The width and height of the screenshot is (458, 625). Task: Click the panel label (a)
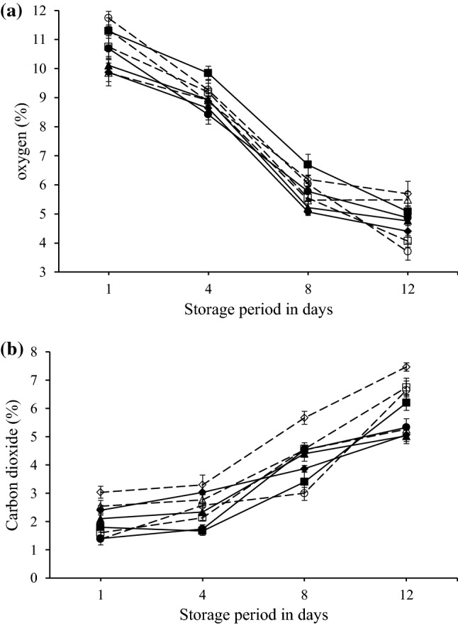point(15,10)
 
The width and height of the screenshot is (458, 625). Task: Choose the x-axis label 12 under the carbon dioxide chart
point(406,595)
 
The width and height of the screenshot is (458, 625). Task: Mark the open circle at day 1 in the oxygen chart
point(108,18)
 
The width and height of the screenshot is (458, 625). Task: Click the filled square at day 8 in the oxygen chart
point(308,164)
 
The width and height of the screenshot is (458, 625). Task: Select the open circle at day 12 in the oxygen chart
point(407,251)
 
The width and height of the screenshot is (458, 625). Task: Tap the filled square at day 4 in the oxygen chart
point(208,73)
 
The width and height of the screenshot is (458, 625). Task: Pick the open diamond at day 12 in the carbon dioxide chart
point(406,367)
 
